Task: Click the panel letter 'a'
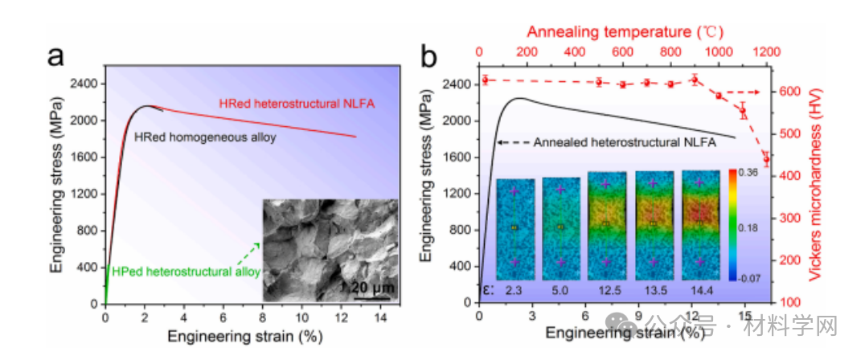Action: [x=55, y=57]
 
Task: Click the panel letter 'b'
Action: [x=430, y=57]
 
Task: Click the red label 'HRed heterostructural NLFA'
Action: [x=297, y=103]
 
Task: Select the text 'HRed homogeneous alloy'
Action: [x=205, y=137]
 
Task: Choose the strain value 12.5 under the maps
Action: [x=608, y=289]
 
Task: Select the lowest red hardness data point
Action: [x=765, y=159]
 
